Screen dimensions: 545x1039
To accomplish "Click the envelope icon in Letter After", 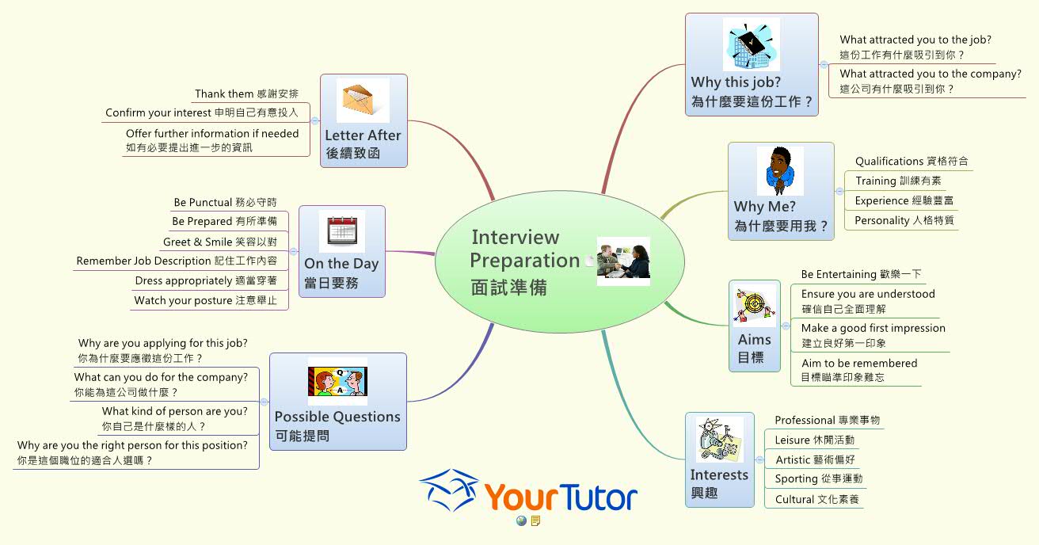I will pyautogui.click(x=363, y=101).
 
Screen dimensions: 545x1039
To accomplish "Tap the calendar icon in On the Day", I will pyautogui.click(x=341, y=231).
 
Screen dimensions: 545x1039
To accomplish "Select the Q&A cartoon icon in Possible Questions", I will pyautogui.click(x=337, y=382).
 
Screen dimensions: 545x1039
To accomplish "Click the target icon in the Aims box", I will pyautogui.click(x=755, y=306).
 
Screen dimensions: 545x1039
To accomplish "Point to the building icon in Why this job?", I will pyautogui.click(x=751, y=45).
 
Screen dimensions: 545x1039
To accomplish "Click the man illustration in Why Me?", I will pyautogui.click(x=779, y=170).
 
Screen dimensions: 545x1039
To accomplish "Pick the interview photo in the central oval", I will pyautogui.click(x=623, y=261).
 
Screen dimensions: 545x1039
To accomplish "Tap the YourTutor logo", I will pyautogui.click(x=528, y=493).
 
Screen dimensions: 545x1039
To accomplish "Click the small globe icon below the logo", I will pyautogui.click(x=521, y=520).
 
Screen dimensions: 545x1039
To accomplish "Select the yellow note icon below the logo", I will pyautogui.click(x=536, y=520).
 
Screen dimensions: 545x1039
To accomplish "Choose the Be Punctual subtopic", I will pyautogui.click(x=225, y=203).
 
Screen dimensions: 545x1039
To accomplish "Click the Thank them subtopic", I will pyautogui.click(x=246, y=94).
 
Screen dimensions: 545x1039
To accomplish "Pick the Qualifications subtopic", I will pyautogui.click(x=911, y=162).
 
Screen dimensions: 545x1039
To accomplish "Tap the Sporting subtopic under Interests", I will pyautogui.click(x=818, y=478).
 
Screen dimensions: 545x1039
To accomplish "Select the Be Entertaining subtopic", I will pyautogui.click(x=861, y=274).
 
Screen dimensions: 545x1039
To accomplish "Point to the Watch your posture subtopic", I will pyautogui.click(x=205, y=300).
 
